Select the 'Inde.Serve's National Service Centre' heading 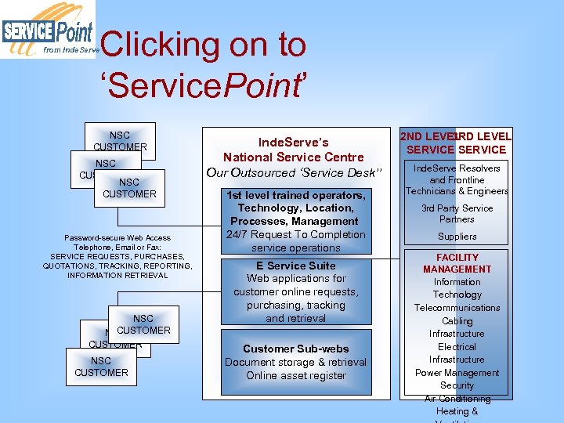294,150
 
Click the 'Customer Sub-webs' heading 295,349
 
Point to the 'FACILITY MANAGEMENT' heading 457,263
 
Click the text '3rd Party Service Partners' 457,214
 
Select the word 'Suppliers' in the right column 457,236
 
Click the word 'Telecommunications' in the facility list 457,308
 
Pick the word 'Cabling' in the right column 457,321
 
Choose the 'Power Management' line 457,373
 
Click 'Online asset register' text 295,375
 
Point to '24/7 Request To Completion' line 295,234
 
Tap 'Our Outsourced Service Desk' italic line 294,172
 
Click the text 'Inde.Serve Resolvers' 457,168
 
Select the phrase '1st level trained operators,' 295,195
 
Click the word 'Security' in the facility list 457,385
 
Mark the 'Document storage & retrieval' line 295,362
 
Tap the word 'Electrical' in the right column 457,347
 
